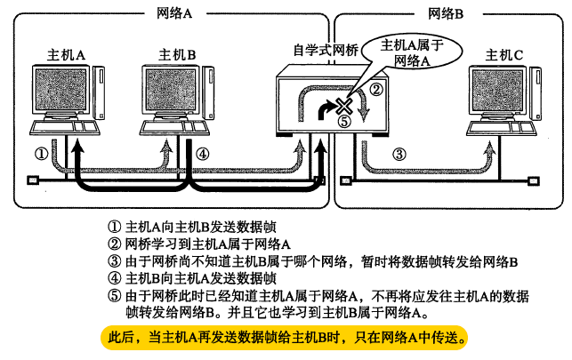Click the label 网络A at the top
[x=175, y=15]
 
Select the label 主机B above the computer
[x=177, y=56]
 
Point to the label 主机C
[x=504, y=56]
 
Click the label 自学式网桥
[x=326, y=52]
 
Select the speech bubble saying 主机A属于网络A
[x=411, y=52]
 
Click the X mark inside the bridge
[x=344, y=108]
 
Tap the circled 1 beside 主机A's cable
[x=40, y=153]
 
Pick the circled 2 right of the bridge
[x=376, y=89]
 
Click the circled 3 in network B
[x=399, y=154]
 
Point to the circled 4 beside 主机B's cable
[x=203, y=153]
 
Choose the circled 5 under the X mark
[x=345, y=123]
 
